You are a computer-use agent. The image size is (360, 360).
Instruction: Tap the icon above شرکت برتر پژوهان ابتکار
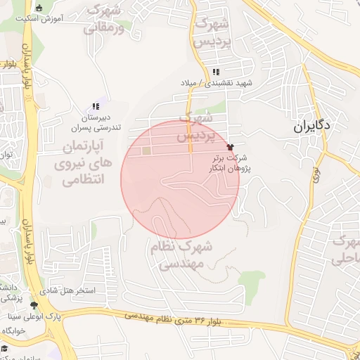pyautogui.click(x=230, y=147)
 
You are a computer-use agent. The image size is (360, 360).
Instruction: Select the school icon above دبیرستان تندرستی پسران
pyautogui.click(x=96, y=106)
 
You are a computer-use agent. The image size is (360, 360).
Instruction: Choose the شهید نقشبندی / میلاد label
pyautogui.click(x=224, y=83)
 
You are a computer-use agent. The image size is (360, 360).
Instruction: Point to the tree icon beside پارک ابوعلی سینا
pyautogui.click(x=34, y=304)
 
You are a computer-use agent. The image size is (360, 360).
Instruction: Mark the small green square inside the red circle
pyautogui.click(x=146, y=150)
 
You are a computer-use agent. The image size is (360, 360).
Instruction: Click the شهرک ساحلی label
pyautogui.click(x=345, y=250)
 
